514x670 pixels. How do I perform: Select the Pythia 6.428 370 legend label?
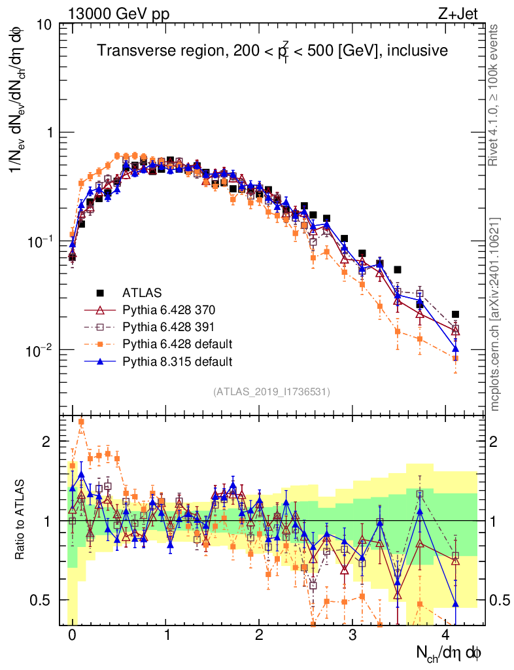point(173,309)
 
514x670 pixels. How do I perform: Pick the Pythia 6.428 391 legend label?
point(173,326)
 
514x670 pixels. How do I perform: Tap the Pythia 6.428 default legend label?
point(177,344)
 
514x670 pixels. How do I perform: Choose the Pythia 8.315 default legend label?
point(177,361)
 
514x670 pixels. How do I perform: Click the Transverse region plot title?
point(272,50)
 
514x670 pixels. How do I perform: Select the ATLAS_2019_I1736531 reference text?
point(271,392)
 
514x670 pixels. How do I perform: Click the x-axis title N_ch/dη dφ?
point(449,652)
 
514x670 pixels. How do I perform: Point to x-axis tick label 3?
point(352,635)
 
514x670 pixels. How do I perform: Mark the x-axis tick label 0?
point(72,635)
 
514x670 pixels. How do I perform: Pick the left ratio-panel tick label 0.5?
point(41,600)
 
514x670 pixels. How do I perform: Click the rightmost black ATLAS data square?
point(456,315)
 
